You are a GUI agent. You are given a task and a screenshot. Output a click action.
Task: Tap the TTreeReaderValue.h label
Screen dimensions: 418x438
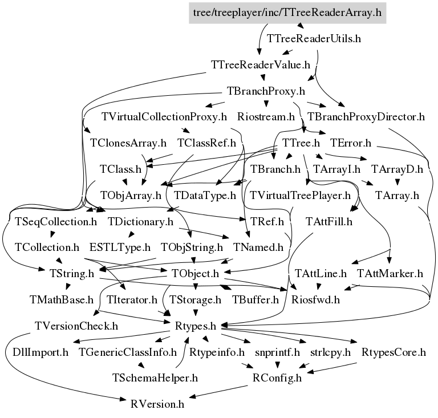[x=261, y=64]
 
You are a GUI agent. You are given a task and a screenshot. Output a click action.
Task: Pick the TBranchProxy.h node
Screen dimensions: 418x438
[x=266, y=91]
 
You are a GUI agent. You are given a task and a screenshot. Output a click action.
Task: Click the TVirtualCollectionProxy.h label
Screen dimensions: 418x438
[x=164, y=117]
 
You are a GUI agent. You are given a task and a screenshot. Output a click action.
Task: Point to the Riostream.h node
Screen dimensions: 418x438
[x=265, y=117]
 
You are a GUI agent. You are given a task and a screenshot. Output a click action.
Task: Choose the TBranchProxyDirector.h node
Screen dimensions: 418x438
[x=366, y=117]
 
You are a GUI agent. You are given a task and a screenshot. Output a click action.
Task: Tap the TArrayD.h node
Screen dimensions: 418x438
[x=397, y=169]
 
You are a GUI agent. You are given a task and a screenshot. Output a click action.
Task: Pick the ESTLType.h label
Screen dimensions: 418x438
[x=120, y=247]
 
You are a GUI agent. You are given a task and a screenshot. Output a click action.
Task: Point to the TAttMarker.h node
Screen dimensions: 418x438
[x=390, y=273]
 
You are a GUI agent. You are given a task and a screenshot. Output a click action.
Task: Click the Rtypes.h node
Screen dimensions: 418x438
[x=195, y=326]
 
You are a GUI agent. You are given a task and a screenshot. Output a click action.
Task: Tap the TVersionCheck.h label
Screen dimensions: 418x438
[x=76, y=326]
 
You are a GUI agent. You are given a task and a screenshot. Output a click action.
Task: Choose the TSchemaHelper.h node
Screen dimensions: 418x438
[x=155, y=378]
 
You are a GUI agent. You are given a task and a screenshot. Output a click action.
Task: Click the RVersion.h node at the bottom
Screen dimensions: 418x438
[x=157, y=404]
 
